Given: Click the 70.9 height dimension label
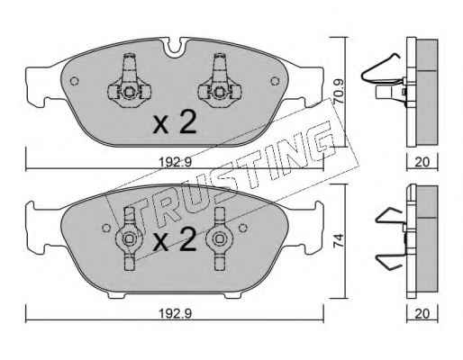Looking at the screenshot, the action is pyautogui.click(x=340, y=92).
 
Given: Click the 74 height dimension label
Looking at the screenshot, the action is pyautogui.click(x=339, y=241).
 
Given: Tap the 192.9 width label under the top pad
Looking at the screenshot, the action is pyautogui.click(x=175, y=163).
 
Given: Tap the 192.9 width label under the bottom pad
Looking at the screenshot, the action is pyautogui.click(x=175, y=314).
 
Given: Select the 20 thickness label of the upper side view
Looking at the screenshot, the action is pyautogui.click(x=422, y=162).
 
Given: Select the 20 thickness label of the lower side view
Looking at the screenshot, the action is pyautogui.click(x=422, y=314).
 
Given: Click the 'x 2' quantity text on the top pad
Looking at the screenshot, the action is pyautogui.click(x=175, y=121).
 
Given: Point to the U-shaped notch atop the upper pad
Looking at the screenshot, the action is pyautogui.click(x=176, y=48).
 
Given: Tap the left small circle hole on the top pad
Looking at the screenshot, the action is pyautogui.click(x=74, y=81).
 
